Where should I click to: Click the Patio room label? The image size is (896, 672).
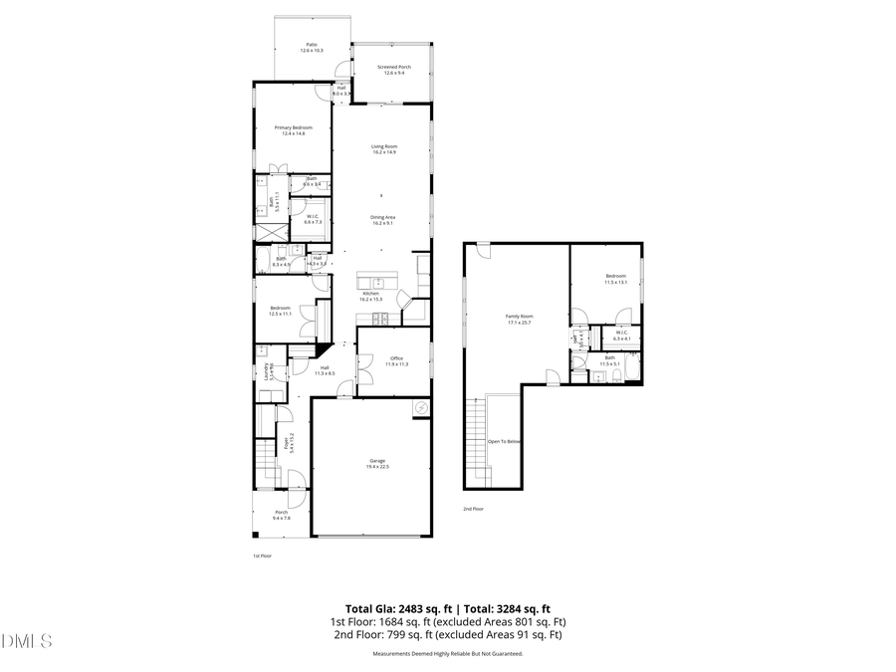click(312, 47)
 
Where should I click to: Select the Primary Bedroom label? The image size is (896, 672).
click(294, 130)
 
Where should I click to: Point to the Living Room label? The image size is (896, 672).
click(384, 149)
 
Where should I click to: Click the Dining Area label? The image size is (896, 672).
click(384, 220)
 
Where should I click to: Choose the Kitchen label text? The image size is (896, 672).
click(370, 296)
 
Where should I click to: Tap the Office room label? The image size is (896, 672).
click(395, 360)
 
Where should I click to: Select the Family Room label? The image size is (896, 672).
click(520, 319)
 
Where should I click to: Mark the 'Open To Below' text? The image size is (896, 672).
click(504, 441)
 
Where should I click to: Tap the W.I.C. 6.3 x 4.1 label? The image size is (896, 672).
click(621, 336)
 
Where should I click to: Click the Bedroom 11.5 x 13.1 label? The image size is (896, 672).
click(615, 279)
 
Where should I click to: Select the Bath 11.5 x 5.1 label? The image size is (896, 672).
click(609, 361)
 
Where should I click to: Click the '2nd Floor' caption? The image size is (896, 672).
click(473, 509)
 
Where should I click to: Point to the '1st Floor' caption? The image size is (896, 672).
click(262, 556)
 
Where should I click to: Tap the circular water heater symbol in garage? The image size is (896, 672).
click(420, 407)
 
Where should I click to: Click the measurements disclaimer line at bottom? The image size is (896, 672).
click(447, 654)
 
